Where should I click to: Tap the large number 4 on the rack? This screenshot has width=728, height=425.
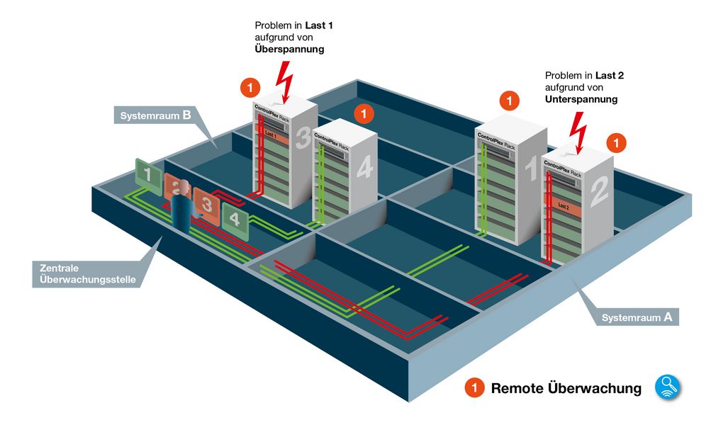(364, 168)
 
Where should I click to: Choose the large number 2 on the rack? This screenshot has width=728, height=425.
(598, 191)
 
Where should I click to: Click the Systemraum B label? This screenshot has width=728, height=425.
(155, 115)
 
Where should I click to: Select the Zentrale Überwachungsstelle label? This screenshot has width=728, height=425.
(84, 273)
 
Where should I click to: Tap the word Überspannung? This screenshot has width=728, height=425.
(289, 50)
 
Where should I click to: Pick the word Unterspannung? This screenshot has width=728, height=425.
(581, 100)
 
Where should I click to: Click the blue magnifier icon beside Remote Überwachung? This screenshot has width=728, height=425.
(667, 387)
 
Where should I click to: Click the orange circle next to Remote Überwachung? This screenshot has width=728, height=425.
(475, 388)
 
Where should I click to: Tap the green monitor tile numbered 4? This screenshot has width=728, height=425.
(235, 217)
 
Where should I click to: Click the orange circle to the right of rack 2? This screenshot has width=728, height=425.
(617, 143)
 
